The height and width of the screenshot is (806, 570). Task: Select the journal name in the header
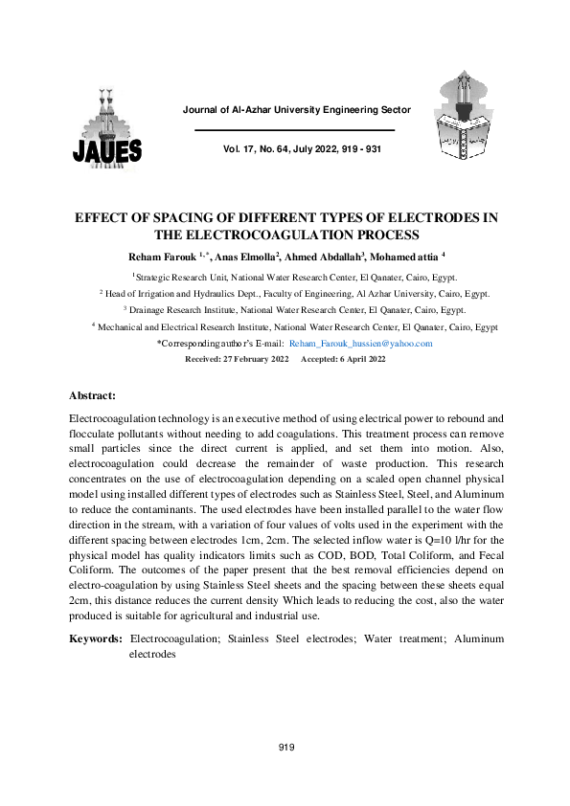[x=296, y=110]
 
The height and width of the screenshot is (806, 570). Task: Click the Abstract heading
[x=93, y=395]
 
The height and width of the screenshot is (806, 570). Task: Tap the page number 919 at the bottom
[x=285, y=748]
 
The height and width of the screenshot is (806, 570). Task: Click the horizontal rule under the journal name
[x=295, y=130]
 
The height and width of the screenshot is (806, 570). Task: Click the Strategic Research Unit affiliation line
[x=285, y=276]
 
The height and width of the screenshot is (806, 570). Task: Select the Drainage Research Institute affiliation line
[x=285, y=310]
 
